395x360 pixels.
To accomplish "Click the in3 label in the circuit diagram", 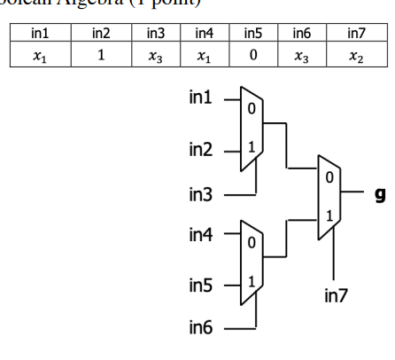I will coord(200,192).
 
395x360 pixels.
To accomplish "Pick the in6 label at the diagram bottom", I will coord(200,331).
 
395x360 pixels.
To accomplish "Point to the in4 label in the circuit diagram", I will coord(200,237).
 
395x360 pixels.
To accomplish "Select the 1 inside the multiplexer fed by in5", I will coord(252,281).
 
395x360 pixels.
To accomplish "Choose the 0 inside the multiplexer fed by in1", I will coord(251,107).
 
